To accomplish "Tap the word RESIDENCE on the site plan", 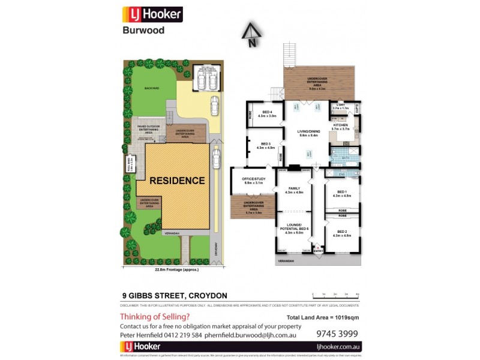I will coord(177,180).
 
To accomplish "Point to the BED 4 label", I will coord(266,113).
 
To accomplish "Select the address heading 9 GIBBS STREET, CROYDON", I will coord(175,295).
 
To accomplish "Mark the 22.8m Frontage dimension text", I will coord(176,270).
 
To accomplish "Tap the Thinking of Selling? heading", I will coord(155,316).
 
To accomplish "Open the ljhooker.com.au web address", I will coord(338,347).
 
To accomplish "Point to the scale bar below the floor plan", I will coord(335,295).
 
